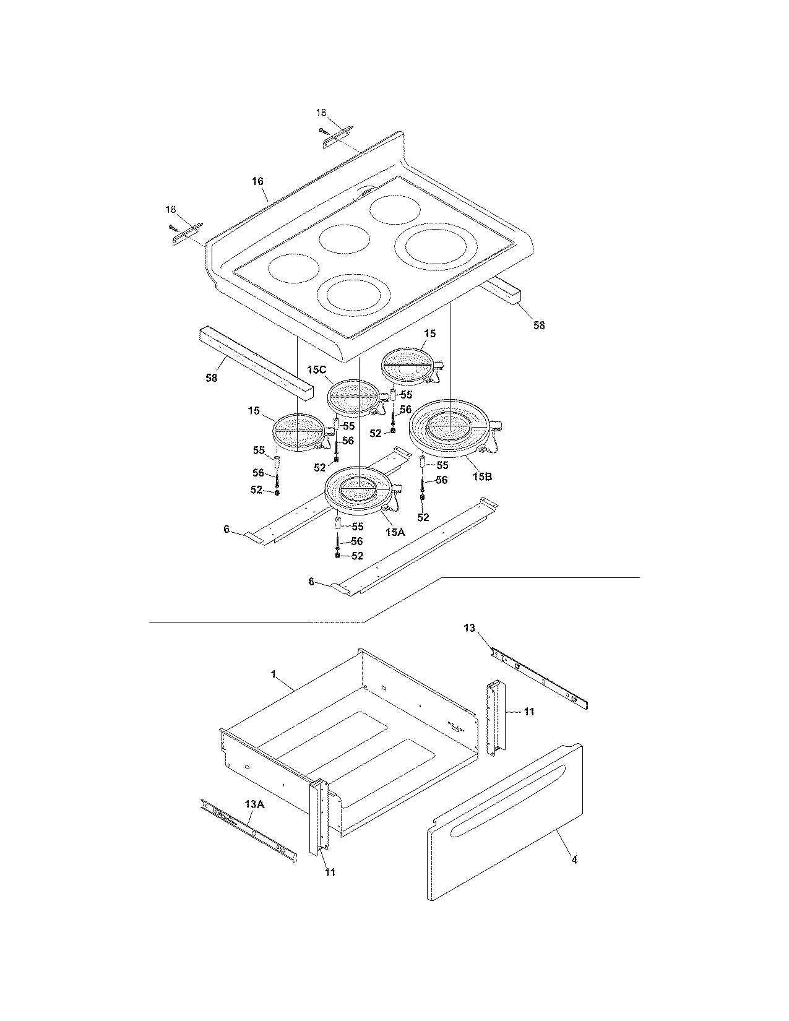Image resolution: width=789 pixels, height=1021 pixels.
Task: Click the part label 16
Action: point(257,181)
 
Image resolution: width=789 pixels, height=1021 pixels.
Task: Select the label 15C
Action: point(316,370)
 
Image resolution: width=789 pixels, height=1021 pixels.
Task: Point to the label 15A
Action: point(394,530)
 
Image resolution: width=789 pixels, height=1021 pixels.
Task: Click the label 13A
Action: point(254,804)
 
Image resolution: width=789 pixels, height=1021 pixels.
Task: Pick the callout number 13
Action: point(469,628)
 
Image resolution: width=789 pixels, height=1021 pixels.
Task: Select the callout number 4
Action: point(574,859)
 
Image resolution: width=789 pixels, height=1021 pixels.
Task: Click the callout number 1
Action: point(274,674)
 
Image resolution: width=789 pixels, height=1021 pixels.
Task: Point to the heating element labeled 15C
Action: point(353,397)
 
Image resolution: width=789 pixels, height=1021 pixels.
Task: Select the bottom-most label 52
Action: point(357,556)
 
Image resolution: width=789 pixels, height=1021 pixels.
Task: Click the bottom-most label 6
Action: point(311,582)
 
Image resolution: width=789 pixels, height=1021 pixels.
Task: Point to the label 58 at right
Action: point(539,325)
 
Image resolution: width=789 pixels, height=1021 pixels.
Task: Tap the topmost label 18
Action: point(321,113)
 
